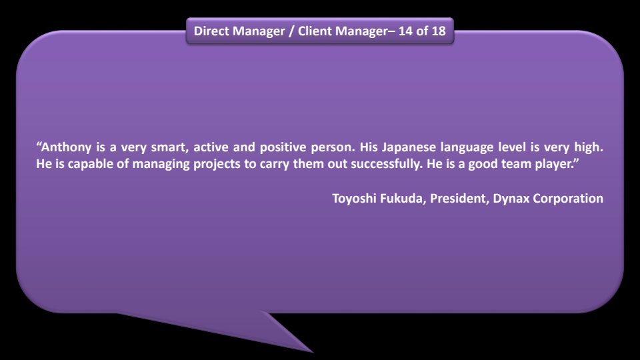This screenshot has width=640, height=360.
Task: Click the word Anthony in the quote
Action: (x=66, y=147)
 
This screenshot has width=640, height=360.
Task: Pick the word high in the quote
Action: (x=589, y=147)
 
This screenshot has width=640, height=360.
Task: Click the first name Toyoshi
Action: (x=354, y=199)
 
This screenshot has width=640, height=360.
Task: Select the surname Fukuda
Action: (x=403, y=199)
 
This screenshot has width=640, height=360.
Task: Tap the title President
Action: (x=459, y=199)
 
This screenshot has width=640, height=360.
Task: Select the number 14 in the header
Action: (x=405, y=31)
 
